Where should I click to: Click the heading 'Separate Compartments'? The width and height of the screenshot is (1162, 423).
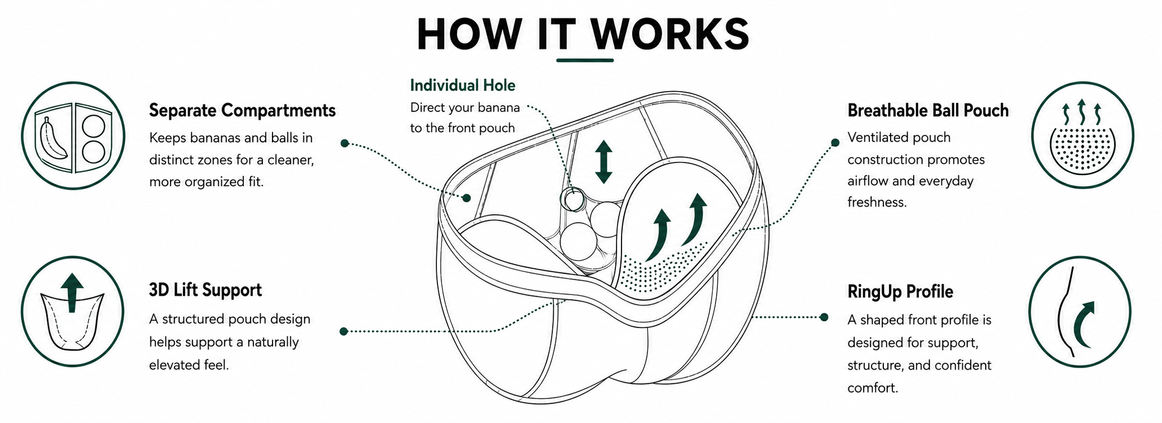[x=242, y=111]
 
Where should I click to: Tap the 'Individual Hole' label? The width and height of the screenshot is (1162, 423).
[x=463, y=85]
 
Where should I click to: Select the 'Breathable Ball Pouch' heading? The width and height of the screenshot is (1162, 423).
[x=928, y=111]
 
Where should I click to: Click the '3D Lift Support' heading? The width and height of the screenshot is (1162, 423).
[x=205, y=290]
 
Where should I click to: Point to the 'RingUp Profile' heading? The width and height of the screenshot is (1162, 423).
[x=900, y=292]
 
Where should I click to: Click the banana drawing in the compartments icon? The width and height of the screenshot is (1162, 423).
[x=53, y=139]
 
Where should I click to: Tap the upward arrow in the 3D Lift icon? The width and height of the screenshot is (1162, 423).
[x=72, y=292]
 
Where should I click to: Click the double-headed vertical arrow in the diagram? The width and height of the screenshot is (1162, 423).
[x=603, y=162]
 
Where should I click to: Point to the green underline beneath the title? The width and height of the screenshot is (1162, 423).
[x=585, y=60]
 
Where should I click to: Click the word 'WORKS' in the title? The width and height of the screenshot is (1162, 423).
[x=670, y=34]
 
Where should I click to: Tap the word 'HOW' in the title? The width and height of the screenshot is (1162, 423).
[x=469, y=34]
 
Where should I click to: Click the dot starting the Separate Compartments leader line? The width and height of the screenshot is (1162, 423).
[x=345, y=144]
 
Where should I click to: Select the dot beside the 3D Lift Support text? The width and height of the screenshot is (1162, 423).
[x=344, y=331]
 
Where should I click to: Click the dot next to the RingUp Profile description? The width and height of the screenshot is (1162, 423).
[x=824, y=317]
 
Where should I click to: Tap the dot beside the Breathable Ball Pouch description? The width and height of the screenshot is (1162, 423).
[x=835, y=142]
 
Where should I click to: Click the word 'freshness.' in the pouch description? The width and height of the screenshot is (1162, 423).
[x=877, y=202]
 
